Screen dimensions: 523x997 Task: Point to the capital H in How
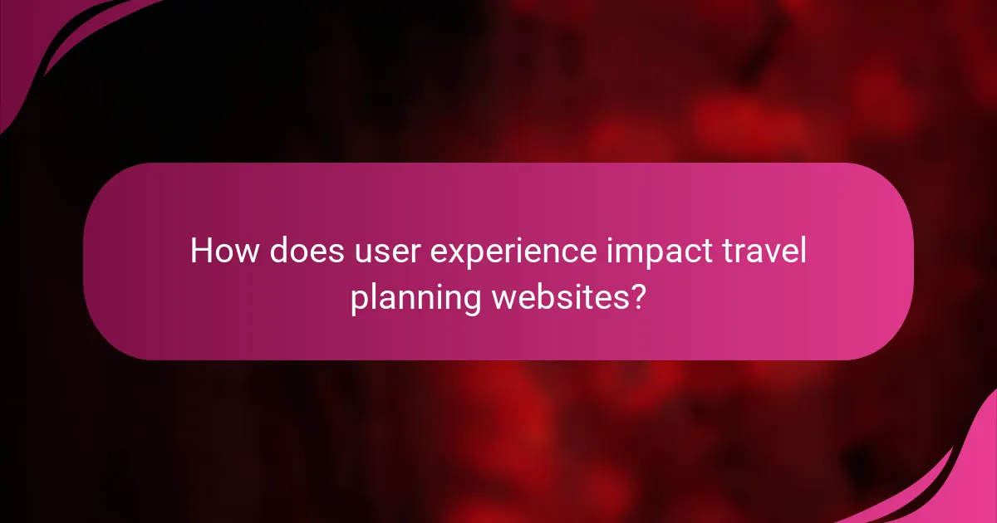(202, 251)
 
